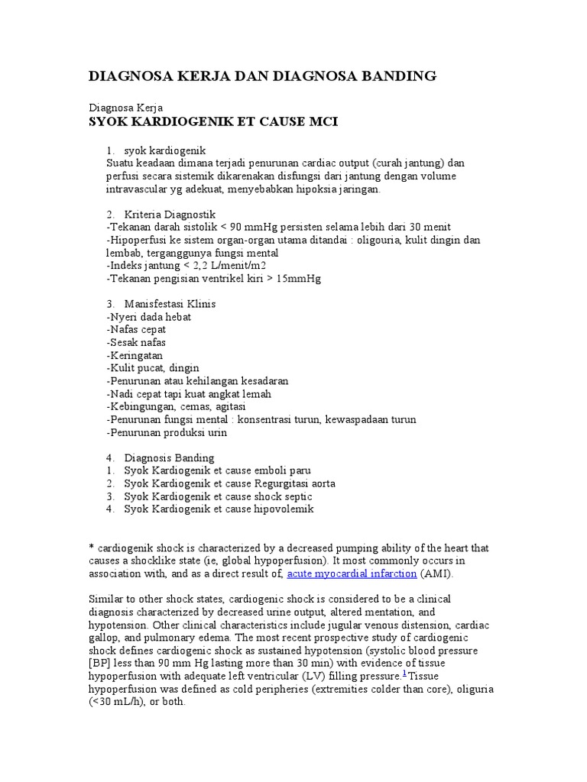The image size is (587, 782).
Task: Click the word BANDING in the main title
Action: tap(397, 76)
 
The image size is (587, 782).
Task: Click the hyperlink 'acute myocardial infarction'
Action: tap(352, 574)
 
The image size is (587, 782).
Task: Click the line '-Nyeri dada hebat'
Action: tap(149, 317)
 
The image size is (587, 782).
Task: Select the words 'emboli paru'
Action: tap(283, 471)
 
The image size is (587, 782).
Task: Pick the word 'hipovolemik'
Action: tap(284, 509)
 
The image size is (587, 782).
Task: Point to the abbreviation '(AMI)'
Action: tap(441, 574)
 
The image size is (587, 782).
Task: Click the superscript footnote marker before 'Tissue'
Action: tap(404, 674)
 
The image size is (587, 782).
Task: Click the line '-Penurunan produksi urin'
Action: tap(167, 432)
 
